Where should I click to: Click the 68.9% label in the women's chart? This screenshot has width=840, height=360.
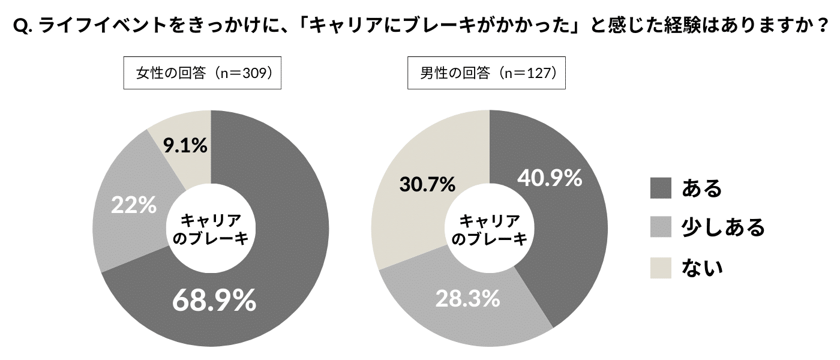(214, 300)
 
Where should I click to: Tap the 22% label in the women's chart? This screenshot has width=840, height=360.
(133, 206)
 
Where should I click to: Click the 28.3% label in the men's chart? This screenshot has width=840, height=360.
(467, 298)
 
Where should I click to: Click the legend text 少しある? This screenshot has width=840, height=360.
(723, 227)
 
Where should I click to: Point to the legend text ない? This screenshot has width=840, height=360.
(702, 267)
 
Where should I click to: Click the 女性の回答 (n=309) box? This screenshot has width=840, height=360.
(202, 73)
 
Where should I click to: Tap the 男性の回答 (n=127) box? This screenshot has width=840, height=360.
(487, 73)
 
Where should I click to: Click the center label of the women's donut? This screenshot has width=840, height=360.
(211, 229)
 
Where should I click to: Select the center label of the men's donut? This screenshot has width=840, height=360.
(490, 229)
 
